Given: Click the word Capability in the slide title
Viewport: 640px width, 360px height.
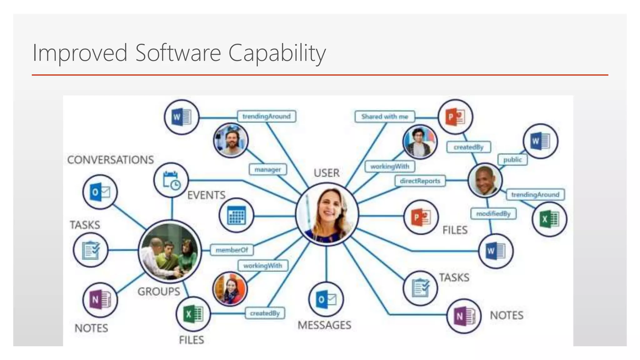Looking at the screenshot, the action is (277, 53).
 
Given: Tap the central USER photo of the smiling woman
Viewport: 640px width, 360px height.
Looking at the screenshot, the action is (327, 214).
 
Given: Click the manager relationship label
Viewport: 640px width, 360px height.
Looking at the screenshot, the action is (268, 170).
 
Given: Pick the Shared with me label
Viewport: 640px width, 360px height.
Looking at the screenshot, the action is (385, 117).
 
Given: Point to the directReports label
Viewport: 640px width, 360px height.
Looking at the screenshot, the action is (420, 181).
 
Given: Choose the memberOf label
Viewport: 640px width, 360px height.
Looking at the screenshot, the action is (232, 250).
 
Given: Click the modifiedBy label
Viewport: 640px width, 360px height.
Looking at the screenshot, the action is (493, 214).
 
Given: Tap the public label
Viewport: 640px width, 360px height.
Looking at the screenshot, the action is (512, 160).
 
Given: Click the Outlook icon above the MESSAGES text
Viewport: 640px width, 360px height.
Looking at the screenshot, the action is (326, 299).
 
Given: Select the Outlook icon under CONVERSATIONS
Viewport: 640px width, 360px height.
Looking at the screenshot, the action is (100, 192).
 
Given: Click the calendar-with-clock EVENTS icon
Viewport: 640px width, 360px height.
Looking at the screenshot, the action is (171, 180).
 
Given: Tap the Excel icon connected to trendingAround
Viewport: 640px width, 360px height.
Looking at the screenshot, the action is (549, 219).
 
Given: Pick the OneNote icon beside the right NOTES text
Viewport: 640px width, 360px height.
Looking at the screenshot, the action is (464, 316).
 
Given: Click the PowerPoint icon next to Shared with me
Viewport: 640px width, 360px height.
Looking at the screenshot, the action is (455, 117).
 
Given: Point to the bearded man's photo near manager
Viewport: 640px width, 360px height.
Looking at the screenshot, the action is (231, 140).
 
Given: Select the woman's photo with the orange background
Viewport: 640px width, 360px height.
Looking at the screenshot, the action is (230, 289).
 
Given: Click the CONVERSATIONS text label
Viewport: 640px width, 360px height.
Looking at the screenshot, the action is (111, 160).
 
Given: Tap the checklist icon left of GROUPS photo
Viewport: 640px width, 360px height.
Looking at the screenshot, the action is (91, 250).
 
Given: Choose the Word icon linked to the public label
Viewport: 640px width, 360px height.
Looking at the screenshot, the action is (540, 141).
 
